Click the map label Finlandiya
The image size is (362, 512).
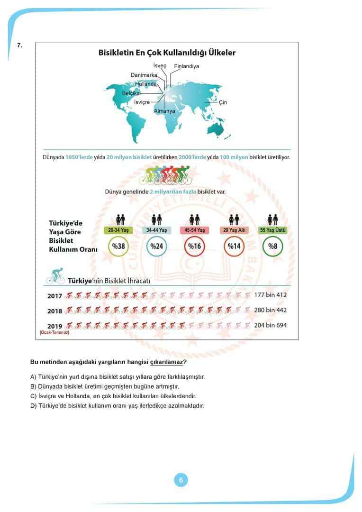click(187, 66)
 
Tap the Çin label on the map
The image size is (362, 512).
click(223, 102)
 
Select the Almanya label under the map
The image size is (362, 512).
click(164, 111)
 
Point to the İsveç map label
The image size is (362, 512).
click(160, 65)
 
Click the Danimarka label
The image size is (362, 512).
click(144, 75)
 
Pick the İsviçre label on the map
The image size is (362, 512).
click(142, 102)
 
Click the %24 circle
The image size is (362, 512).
click(156, 247)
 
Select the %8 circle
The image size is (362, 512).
click(272, 247)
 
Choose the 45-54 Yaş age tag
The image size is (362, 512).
click(195, 230)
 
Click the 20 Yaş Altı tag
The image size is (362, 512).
click(234, 230)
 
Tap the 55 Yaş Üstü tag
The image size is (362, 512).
click(272, 230)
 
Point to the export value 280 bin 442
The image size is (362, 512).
click(271, 310)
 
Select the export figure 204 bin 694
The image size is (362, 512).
click(271, 325)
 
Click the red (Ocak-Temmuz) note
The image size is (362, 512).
click(54, 333)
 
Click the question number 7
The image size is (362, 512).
click(19, 46)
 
